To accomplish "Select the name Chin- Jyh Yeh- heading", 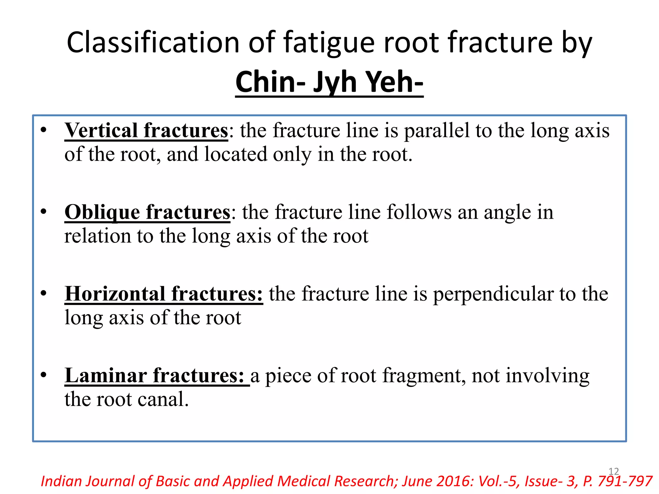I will [329, 82].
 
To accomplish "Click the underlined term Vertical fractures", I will [146, 131].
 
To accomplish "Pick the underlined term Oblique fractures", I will [147, 212].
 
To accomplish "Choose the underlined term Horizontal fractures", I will [163, 294].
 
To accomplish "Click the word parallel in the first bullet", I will [437, 131].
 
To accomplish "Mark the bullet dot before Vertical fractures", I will [44, 130].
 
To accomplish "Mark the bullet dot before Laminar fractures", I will [44, 375].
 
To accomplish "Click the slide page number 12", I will [614, 471].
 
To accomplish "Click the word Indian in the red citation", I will [61, 481].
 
